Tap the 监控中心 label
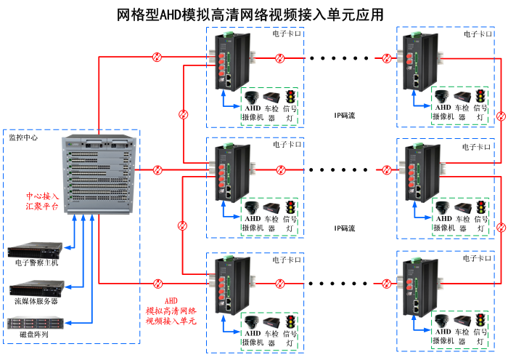tap(23, 137)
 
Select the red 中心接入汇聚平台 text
tap(42, 201)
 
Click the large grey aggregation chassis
tap(99, 175)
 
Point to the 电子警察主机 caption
tap(36, 263)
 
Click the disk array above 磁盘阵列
tap(36, 323)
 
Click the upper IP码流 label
tap(345, 116)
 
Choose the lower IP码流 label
tap(345, 228)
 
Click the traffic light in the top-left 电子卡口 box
tap(290, 97)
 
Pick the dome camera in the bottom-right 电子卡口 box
tap(442, 321)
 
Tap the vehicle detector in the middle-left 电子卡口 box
tap(271, 208)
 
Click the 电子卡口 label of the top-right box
tap(478, 34)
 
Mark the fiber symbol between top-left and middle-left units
tap(184, 115)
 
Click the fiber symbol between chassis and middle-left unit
tap(157, 169)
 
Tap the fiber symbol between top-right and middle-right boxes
tap(501, 116)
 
